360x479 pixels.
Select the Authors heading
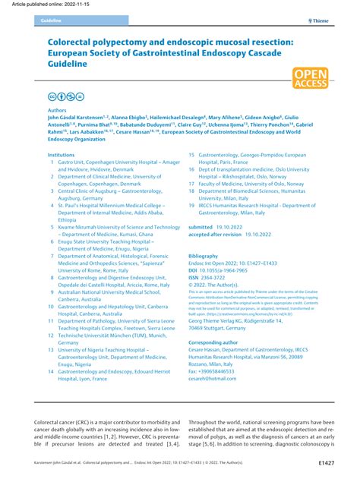coord(56,109)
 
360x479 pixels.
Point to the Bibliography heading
coord(203,256)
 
